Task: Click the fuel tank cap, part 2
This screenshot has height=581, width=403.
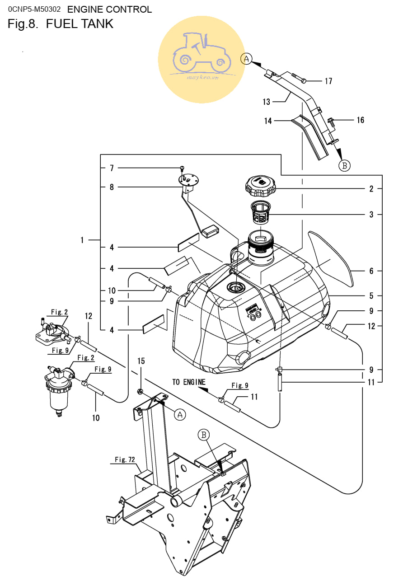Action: pyautogui.click(x=260, y=186)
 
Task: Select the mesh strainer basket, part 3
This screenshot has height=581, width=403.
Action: pyautogui.click(x=261, y=213)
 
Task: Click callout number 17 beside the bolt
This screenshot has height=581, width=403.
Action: pyautogui.click(x=328, y=81)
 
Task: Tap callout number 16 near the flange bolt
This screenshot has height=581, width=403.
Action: pyautogui.click(x=360, y=120)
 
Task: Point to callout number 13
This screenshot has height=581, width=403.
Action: pyautogui.click(x=267, y=102)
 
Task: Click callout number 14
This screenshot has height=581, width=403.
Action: pyautogui.click(x=268, y=121)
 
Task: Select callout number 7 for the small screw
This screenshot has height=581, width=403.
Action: pyautogui.click(x=112, y=168)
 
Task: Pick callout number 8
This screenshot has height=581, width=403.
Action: pyautogui.click(x=112, y=187)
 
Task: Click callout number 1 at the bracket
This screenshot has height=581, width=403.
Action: pyautogui.click(x=82, y=240)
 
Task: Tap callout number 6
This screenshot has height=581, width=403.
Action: pyautogui.click(x=371, y=271)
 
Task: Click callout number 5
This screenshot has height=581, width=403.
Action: pyautogui.click(x=371, y=295)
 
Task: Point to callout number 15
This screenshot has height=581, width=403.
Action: pyautogui.click(x=141, y=361)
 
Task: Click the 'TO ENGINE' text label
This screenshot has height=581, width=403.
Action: pyautogui.click(x=189, y=382)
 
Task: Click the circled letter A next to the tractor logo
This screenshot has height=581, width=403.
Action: pyautogui.click(x=246, y=59)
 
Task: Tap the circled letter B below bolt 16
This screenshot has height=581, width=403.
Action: pyautogui.click(x=345, y=165)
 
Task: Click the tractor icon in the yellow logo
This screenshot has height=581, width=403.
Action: pyautogui.click(x=202, y=53)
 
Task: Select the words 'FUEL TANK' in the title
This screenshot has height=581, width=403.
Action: pyautogui.click(x=80, y=24)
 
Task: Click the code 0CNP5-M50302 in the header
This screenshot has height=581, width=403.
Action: pyautogui.click(x=34, y=9)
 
